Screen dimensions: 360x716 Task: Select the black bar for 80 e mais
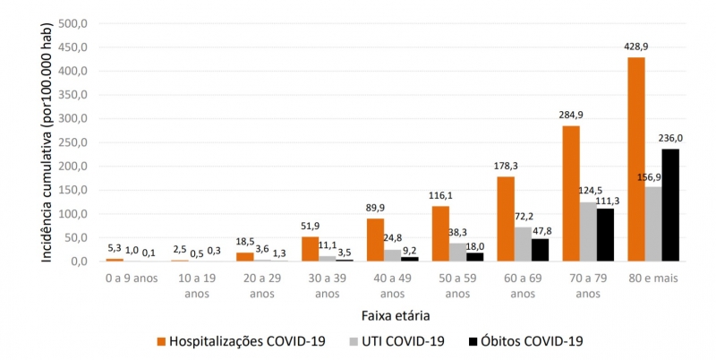click(x=670, y=205)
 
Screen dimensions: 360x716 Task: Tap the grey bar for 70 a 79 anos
click(x=588, y=232)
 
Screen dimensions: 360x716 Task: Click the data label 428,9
click(x=635, y=46)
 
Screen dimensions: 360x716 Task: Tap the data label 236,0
click(x=671, y=138)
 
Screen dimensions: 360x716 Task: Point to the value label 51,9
click(x=310, y=226)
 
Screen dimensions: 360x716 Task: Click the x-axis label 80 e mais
click(x=653, y=278)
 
